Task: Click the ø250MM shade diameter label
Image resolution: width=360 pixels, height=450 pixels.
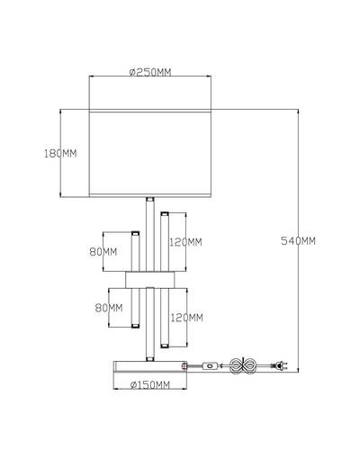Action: (x=150, y=72)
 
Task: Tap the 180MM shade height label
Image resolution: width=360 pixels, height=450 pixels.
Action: (x=60, y=154)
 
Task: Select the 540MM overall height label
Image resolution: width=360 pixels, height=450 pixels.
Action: (x=298, y=241)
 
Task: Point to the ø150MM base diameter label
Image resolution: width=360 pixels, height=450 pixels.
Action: (x=150, y=385)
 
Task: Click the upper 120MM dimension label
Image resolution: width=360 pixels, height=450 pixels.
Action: (x=185, y=242)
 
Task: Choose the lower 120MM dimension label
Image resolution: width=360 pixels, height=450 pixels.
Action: (x=186, y=318)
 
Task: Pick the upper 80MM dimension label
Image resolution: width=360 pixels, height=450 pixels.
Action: (x=103, y=252)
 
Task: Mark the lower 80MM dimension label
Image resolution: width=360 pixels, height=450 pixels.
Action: (x=109, y=308)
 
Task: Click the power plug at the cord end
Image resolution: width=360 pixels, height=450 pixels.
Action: (x=279, y=365)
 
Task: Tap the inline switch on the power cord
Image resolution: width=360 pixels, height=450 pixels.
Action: (x=211, y=365)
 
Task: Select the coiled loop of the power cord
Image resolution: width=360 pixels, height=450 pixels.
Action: (x=243, y=365)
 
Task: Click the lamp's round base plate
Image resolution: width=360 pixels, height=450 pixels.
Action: (x=150, y=366)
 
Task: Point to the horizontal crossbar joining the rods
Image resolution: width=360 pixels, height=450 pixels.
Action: (x=150, y=279)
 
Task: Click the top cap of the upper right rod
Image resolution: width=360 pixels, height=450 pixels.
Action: (x=165, y=214)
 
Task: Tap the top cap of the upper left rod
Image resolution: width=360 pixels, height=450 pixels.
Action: (x=136, y=233)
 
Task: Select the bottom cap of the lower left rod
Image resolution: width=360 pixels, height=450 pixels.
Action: (x=136, y=326)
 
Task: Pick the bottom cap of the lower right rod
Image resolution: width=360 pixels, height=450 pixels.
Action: (x=165, y=346)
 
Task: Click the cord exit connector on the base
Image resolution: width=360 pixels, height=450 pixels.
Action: (x=184, y=366)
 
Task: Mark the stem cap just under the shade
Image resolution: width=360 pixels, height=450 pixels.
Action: (x=150, y=199)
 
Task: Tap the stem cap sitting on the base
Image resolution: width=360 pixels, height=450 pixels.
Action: (x=150, y=359)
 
